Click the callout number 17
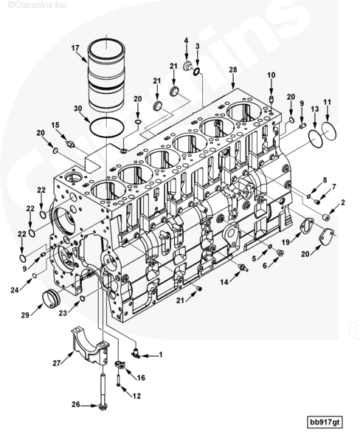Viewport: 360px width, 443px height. (75, 48)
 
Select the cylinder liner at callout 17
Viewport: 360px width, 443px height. (106, 75)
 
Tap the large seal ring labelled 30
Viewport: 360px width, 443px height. (107, 128)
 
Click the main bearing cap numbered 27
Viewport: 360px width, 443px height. (90, 346)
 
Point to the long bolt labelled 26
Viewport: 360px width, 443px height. (103, 392)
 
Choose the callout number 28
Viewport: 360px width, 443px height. (233, 69)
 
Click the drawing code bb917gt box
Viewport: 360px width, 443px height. (325, 422)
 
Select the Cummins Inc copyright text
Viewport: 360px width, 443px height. (37, 4)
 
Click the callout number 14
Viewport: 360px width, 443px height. (224, 282)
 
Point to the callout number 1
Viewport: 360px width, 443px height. (161, 354)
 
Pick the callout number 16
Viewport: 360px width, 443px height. (141, 377)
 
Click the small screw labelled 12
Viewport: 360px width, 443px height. (118, 380)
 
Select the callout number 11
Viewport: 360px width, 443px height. (328, 102)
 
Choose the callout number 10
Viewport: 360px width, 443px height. (271, 75)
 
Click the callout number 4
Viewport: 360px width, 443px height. (186, 41)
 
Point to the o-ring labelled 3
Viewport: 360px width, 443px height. (197, 72)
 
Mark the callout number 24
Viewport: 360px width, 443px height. (15, 290)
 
